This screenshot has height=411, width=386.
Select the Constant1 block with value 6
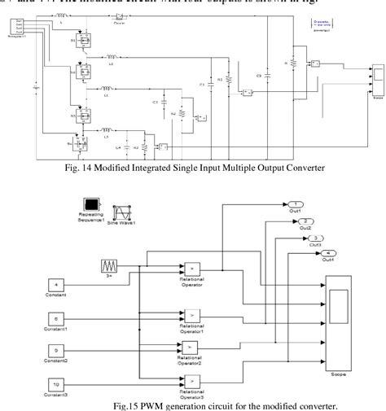tap(54, 319)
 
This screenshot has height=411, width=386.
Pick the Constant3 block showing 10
tap(54, 385)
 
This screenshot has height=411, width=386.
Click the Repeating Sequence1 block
tap(90, 206)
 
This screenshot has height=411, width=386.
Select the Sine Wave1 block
tap(124, 207)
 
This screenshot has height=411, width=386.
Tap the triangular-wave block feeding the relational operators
tap(108, 265)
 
